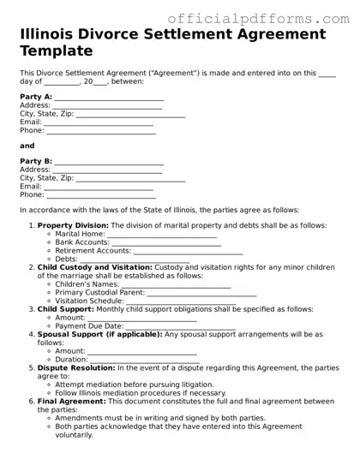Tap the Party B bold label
[36, 161]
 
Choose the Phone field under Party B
[100, 194]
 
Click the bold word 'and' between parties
[27, 146]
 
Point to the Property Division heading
[71, 225]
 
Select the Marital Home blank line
[162, 234]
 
